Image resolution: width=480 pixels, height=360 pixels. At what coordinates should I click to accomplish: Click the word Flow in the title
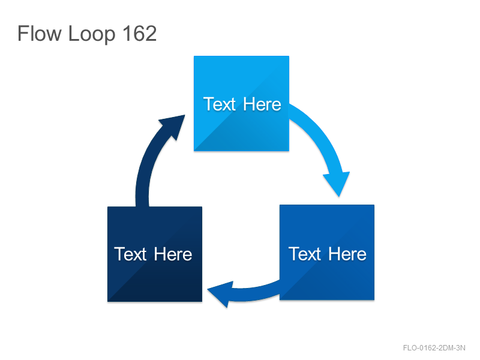[x=39, y=34]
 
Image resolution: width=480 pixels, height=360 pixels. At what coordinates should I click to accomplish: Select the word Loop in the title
[x=92, y=35]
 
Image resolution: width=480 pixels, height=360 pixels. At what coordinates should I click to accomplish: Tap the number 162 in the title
[x=140, y=34]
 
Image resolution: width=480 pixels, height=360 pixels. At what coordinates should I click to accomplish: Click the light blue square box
[x=242, y=103]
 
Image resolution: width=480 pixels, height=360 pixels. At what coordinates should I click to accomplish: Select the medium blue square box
[x=327, y=252]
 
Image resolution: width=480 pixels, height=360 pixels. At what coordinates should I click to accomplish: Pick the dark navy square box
[x=155, y=254]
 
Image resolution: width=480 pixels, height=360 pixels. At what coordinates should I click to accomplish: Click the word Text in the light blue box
[x=220, y=104]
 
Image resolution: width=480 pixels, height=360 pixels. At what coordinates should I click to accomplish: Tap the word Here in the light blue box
[x=262, y=104]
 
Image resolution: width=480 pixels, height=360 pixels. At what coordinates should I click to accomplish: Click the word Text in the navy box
[x=130, y=254]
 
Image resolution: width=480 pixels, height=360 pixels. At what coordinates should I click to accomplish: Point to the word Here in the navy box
[x=173, y=254]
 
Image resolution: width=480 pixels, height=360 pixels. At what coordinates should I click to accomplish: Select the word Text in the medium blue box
[x=305, y=254]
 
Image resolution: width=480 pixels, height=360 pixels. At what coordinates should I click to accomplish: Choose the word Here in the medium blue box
[x=347, y=254]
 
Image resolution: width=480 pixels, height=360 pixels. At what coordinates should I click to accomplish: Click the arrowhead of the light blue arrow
[x=337, y=183]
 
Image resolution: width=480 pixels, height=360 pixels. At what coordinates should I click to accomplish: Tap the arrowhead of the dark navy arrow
[x=173, y=125]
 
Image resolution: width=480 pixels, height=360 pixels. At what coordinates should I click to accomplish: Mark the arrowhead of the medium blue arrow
[x=221, y=293]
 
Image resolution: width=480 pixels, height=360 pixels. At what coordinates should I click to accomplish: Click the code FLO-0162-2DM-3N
[x=434, y=348]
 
